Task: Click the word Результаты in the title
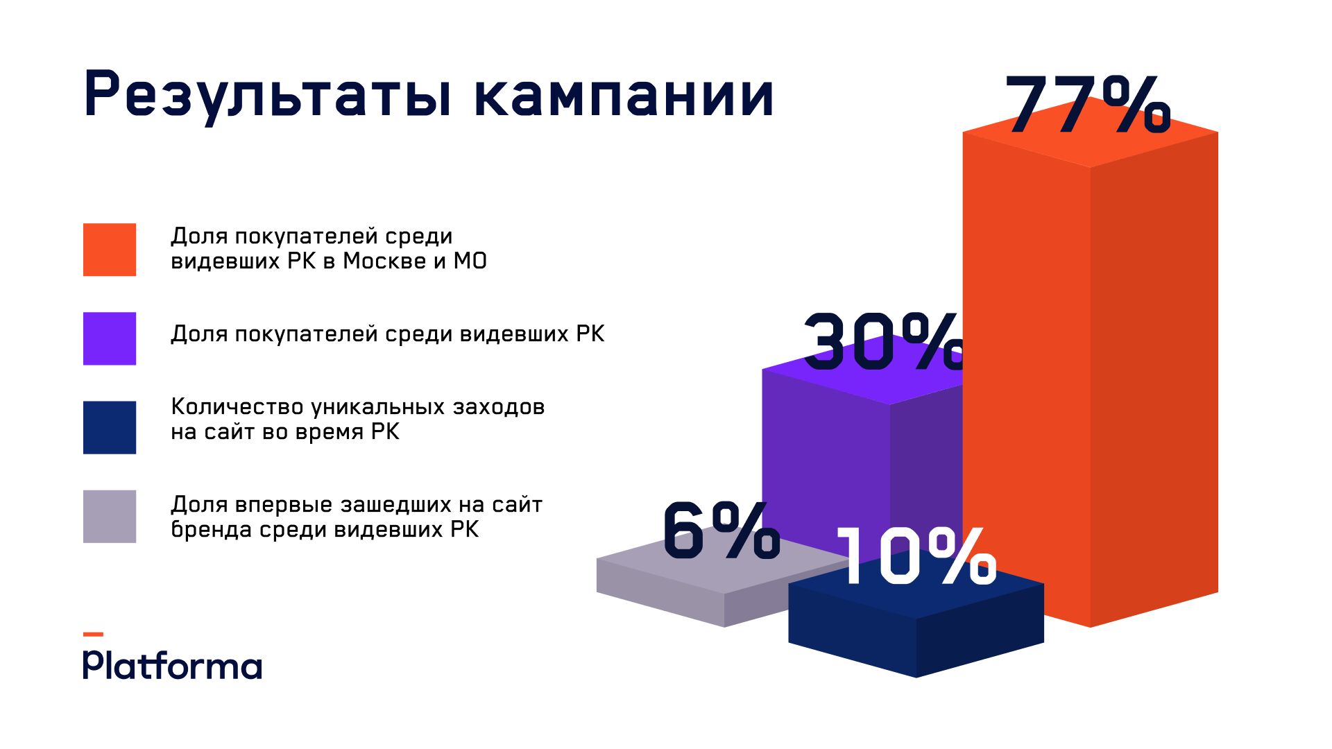pyautogui.click(x=267, y=95)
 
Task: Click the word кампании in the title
pyautogui.click(x=624, y=95)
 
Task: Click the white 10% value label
pyautogui.click(x=916, y=556)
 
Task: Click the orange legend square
pyautogui.click(x=110, y=250)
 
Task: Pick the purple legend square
pyautogui.click(x=110, y=338)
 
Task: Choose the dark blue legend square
pyautogui.click(x=110, y=427)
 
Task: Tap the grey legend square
pyautogui.click(x=110, y=517)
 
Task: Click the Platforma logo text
pyautogui.click(x=173, y=665)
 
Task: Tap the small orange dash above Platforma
pyautogui.click(x=93, y=634)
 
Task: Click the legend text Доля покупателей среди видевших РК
pyautogui.click(x=387, y=334)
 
